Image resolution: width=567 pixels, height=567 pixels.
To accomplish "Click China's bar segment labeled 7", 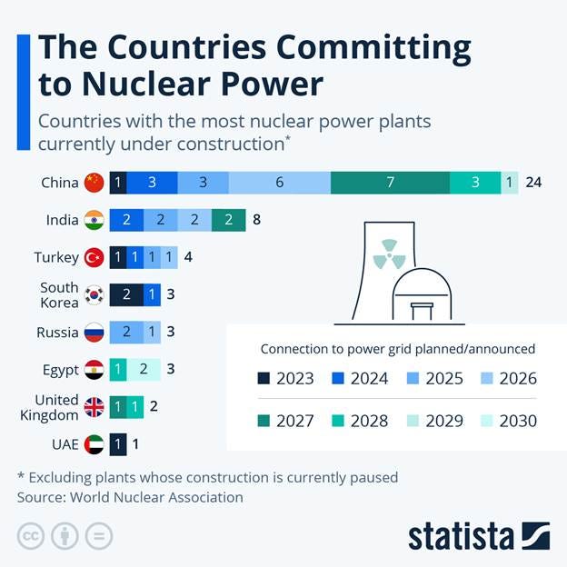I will point(390,182).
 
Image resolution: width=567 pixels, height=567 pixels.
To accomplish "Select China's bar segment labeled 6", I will point(279,182).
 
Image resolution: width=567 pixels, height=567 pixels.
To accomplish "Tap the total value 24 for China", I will point(533,182).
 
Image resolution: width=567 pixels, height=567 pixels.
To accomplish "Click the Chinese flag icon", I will point(93,182).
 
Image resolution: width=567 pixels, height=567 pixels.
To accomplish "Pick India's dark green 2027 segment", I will point(228,220).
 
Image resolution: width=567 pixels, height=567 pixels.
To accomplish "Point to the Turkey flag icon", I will point(93,257).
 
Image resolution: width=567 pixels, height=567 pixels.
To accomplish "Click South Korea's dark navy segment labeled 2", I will point(126,294).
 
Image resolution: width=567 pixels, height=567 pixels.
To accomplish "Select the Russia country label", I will point(57,332).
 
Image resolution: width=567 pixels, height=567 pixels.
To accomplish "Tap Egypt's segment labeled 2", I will point(144,369).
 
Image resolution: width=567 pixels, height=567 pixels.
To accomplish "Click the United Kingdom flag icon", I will point(93,407).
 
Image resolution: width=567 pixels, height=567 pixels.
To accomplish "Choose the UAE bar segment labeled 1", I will point(118,444).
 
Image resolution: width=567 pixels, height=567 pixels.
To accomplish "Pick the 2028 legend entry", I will point(358,421).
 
